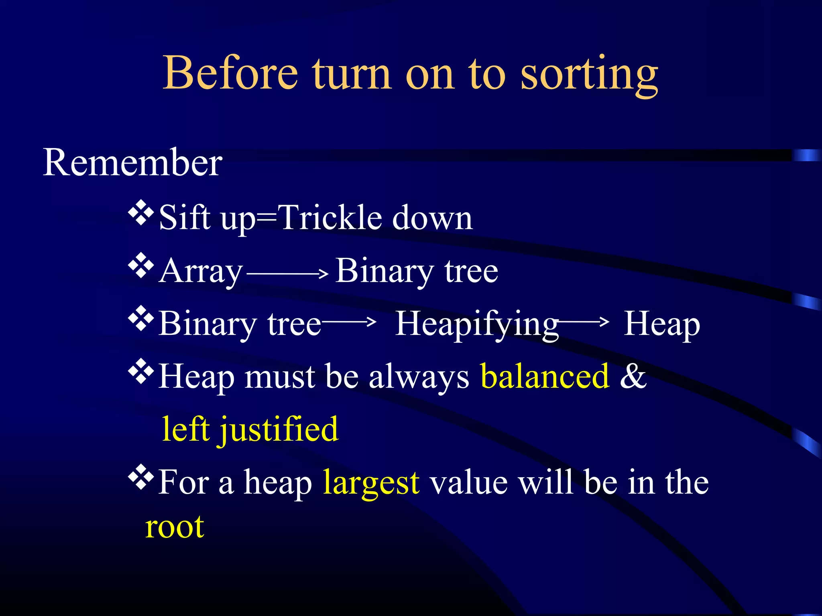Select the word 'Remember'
tap(132, 162)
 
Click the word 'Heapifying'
tap(477, 325)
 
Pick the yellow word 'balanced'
tap(545, 377)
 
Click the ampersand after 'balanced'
tap(633, 376)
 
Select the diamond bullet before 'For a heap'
tap(141, 478)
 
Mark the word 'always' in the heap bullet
tap(419, 377)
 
